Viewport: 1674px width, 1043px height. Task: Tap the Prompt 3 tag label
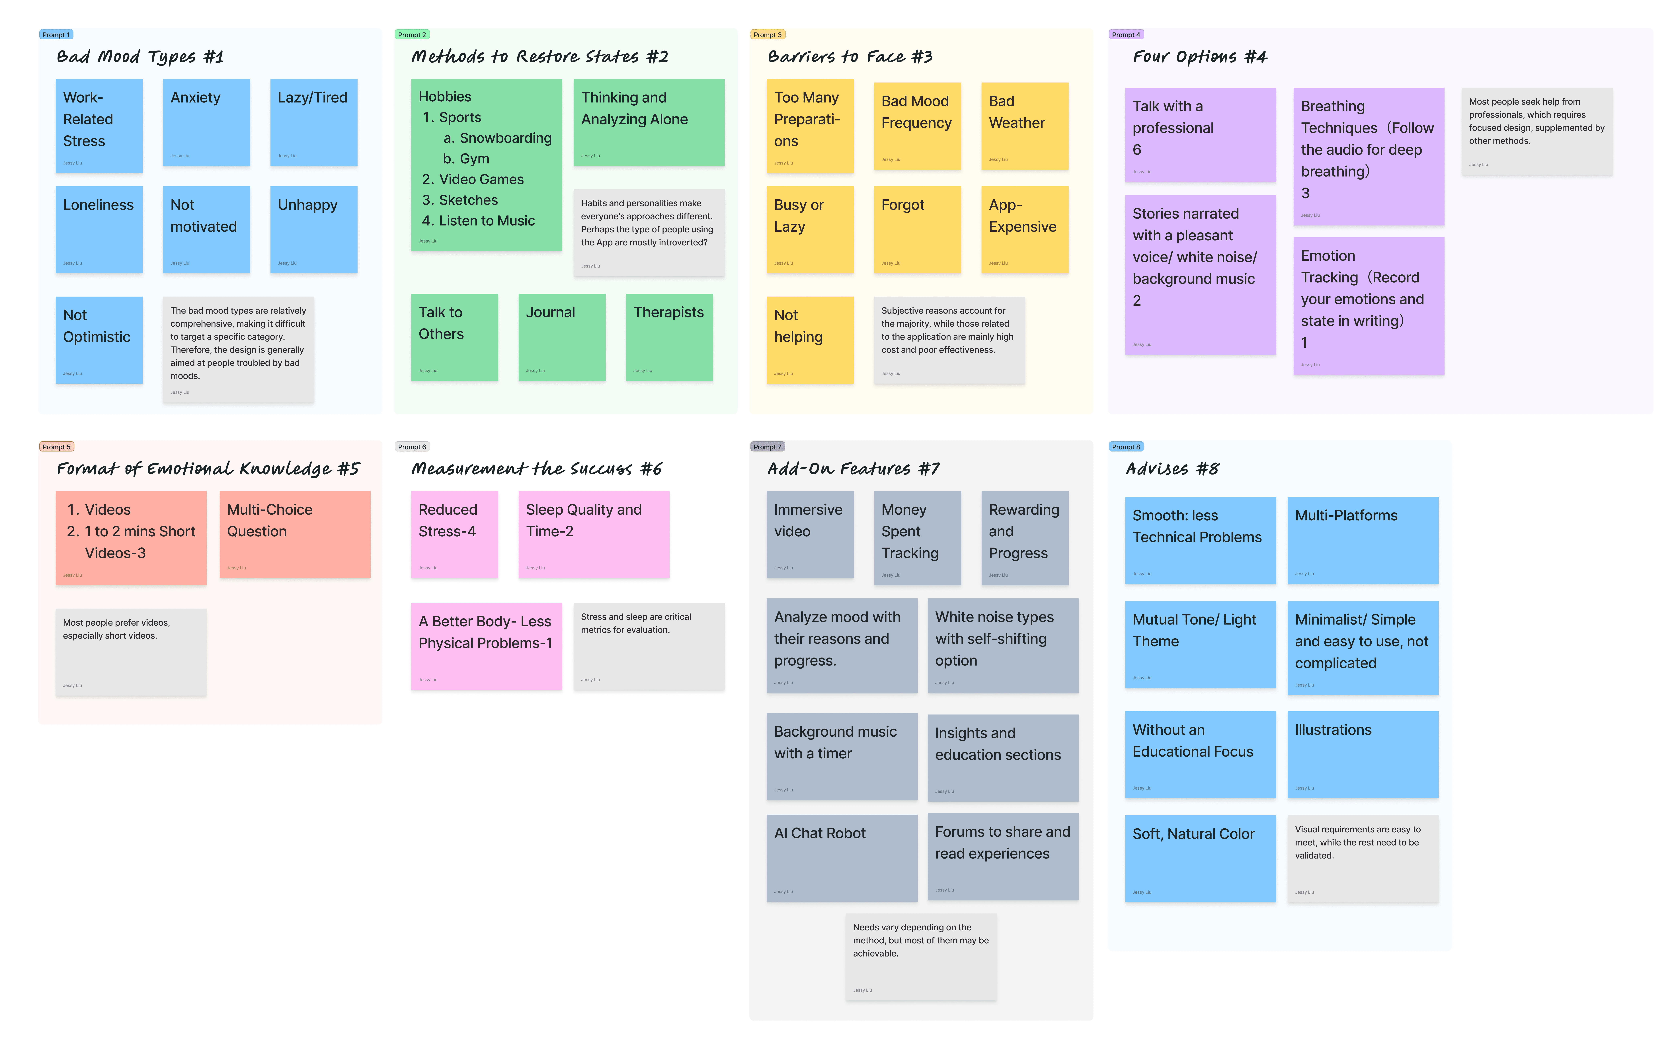pos(767,34)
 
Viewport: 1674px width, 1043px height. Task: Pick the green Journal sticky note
pos(561,337)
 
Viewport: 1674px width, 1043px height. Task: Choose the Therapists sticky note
pos(668,337)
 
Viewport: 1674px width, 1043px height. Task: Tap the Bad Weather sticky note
pos(1024,126)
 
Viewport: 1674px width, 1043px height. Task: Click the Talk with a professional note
pos(1199,135)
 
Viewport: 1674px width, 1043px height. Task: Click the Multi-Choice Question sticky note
pos(295,534)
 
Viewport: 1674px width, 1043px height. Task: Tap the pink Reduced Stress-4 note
pos(454,534)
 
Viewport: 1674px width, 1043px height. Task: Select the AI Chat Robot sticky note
pos(842,857)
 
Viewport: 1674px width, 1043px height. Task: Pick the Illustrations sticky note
pos(1362,754)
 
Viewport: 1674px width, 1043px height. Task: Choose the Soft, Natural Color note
pos(1199,858)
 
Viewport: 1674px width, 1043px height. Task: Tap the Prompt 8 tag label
pos(1126,447)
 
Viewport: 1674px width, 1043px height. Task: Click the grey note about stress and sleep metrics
pos(648,646)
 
